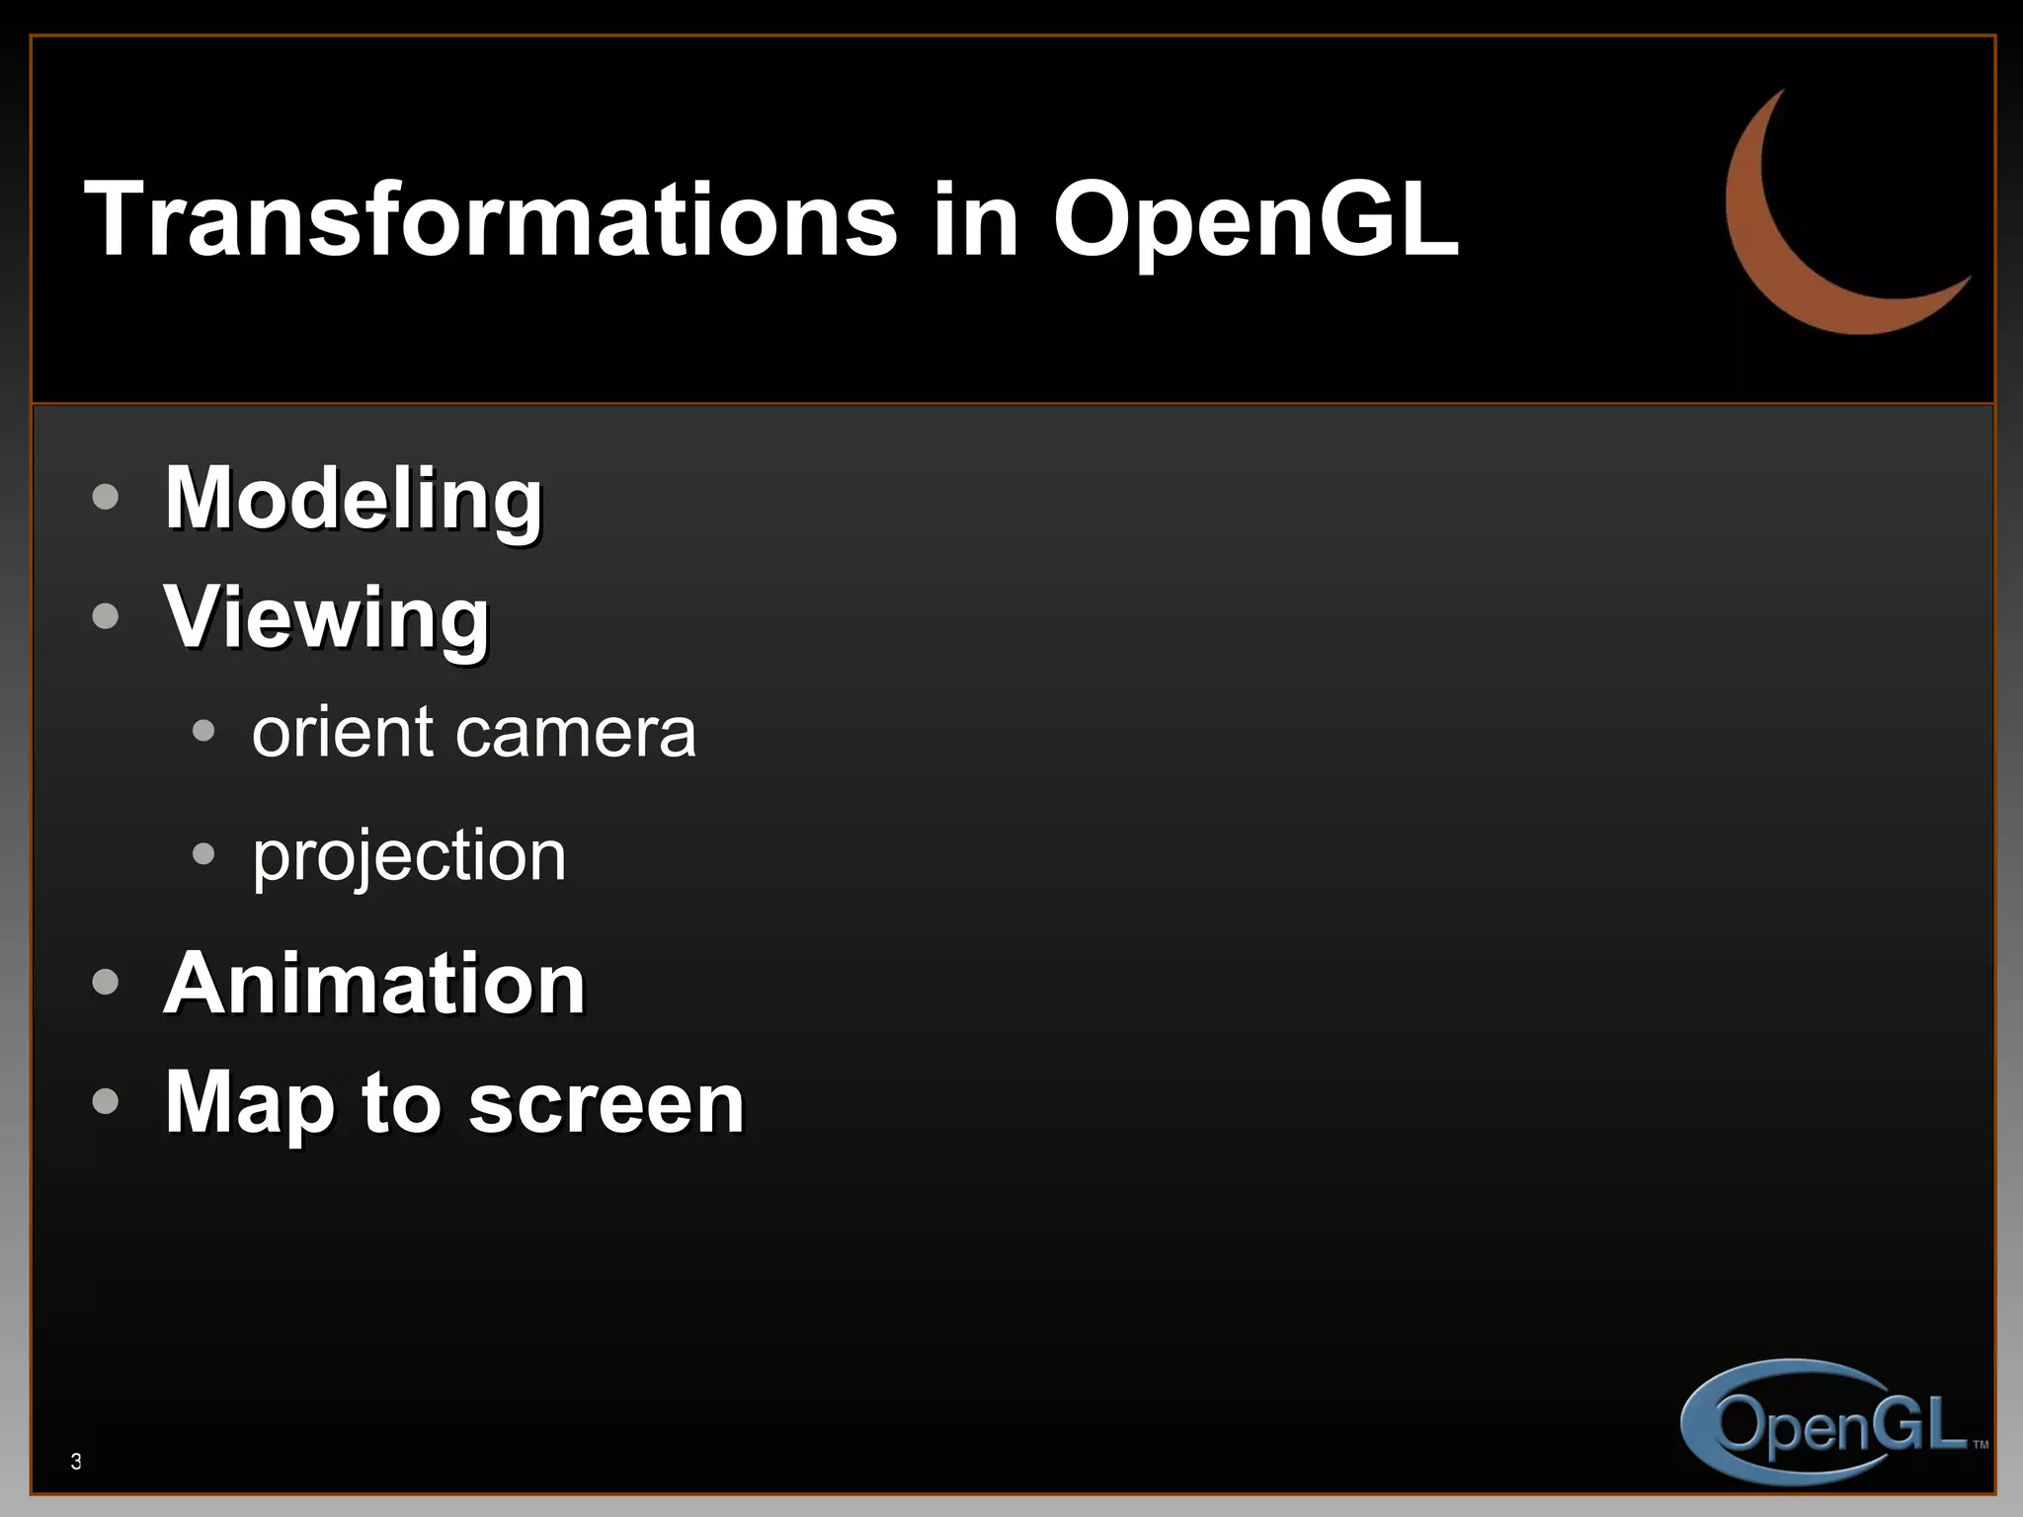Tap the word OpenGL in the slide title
click(x=1255, y=222)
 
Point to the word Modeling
click(x=354, y=500)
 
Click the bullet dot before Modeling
click(x=105, y=497)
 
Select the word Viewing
click(x=327, y=618)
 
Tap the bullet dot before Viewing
click(x=105, y=617)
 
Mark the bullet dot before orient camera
click(x=203, y=732)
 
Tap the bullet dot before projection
click(x=203, y=853)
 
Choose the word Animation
click(x=374, y=984)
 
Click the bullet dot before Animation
click(x=105, y=983)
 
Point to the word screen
click(x=606, y=1104)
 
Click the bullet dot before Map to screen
click(x=105, y=1101)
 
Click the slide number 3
click(x=76, y=1462)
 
